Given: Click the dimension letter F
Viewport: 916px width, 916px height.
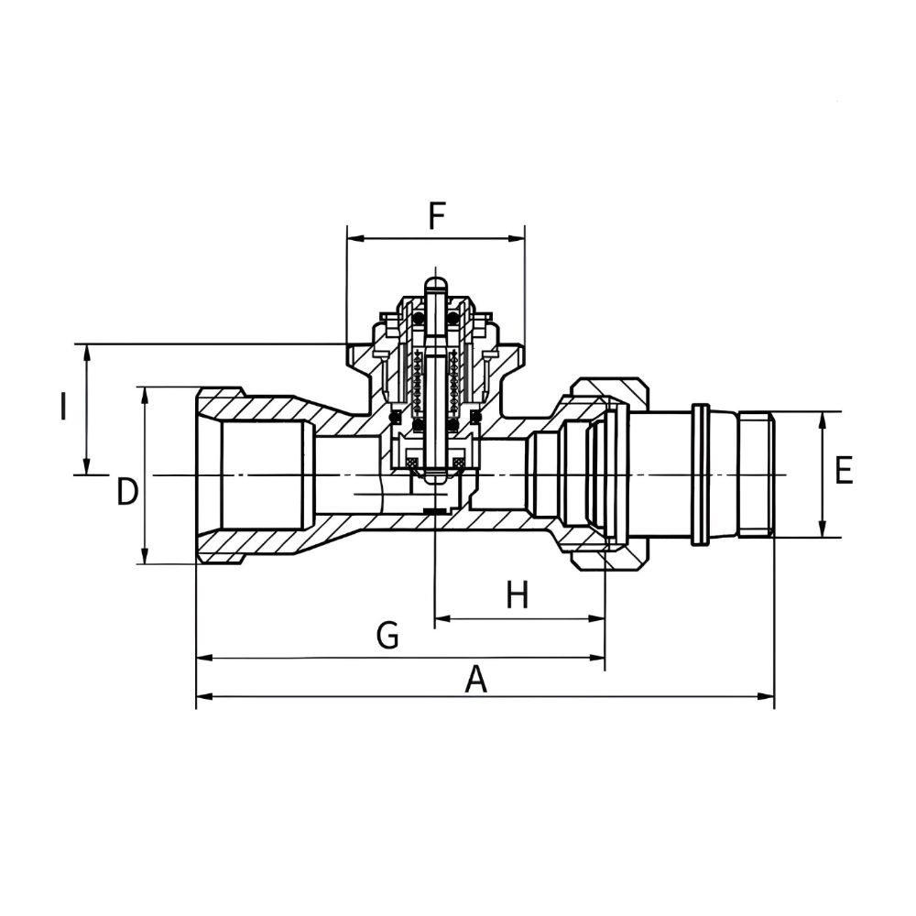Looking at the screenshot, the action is [437, 217].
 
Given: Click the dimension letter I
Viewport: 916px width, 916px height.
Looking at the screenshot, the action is [62, 407].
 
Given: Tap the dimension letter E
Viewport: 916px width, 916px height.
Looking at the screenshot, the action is [844, 470].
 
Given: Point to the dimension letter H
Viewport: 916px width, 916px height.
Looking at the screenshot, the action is [518, 595].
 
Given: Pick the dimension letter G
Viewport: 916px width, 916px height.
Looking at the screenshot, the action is [387, 635].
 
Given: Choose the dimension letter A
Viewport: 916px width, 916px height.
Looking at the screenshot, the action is [476, 680].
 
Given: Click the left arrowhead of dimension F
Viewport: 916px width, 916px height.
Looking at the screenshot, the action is [355, 238].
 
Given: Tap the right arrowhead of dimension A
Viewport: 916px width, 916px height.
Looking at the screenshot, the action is [766, 696].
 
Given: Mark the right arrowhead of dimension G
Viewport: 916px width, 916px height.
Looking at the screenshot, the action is [596, 658].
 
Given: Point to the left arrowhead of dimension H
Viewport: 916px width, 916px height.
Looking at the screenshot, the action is [444, 618].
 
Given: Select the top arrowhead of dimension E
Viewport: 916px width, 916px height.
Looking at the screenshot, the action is [823, 420].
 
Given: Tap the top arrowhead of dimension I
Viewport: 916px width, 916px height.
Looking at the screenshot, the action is [86, 353].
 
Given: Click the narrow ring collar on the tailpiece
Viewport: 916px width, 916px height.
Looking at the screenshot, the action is [700, 474].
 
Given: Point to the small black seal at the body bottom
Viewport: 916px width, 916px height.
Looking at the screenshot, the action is [434, 512].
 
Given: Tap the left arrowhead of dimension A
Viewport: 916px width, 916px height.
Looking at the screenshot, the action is [205, 696].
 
